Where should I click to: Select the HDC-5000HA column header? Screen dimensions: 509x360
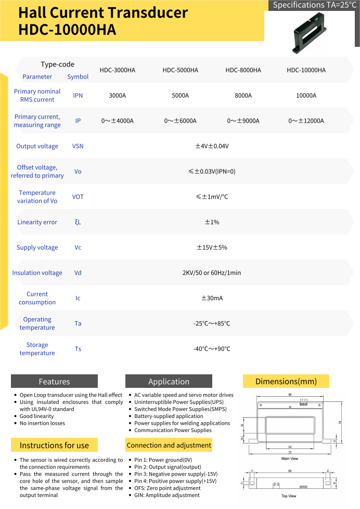(180, 70)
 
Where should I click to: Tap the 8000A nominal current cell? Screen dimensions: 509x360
(243, 96)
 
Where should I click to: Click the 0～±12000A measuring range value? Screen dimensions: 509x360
(306, 121)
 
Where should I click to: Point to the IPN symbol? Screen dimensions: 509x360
(78, 96)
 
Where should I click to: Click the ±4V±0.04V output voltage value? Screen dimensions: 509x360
(212, 146)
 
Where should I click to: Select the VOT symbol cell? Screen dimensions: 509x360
(78, 197)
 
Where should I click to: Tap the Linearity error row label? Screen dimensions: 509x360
(37, 222)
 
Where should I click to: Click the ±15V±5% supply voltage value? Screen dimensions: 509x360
(212, 247)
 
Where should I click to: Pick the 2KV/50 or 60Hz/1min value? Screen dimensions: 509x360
(212, 272)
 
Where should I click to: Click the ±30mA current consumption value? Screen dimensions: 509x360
(212, 298)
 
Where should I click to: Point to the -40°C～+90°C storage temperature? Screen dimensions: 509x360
(212, 349)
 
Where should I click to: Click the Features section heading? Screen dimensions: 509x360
(54, 382)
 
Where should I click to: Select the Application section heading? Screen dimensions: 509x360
(169, 382)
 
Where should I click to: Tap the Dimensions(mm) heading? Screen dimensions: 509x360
(286, 382)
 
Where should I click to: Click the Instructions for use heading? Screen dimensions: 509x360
(54, 445)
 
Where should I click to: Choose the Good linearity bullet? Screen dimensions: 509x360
(36, 416)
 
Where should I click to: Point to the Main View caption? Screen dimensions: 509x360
(289, 459)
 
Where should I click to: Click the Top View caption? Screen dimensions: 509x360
(289, 496)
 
